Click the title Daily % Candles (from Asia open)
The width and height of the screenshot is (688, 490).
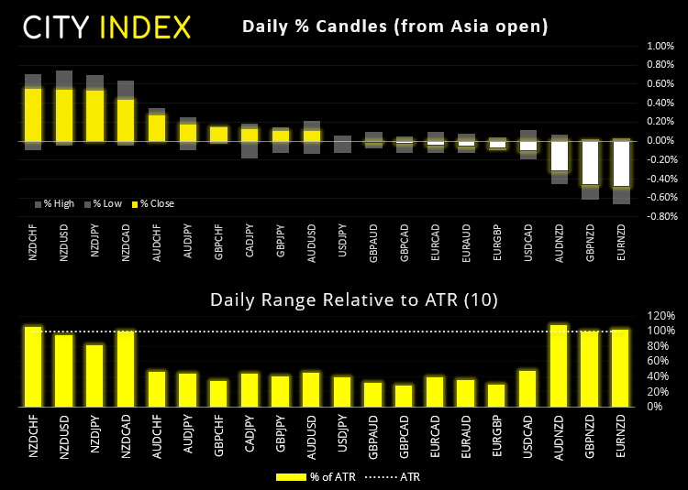[395, 27]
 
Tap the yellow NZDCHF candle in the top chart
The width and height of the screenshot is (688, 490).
[33, 114]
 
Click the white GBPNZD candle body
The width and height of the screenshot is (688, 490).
[590, 162]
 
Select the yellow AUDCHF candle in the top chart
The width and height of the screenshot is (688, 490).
[157, 127]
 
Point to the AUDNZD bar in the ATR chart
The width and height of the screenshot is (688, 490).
[559, 365]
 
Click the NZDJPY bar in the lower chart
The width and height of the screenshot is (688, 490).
[94, 375]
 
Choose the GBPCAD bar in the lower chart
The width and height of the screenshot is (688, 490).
[404, 395]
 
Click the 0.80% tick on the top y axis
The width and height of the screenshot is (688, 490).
[660, 64]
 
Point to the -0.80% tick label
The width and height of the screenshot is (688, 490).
[659, 217]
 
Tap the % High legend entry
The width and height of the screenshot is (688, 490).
[54, 203]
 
